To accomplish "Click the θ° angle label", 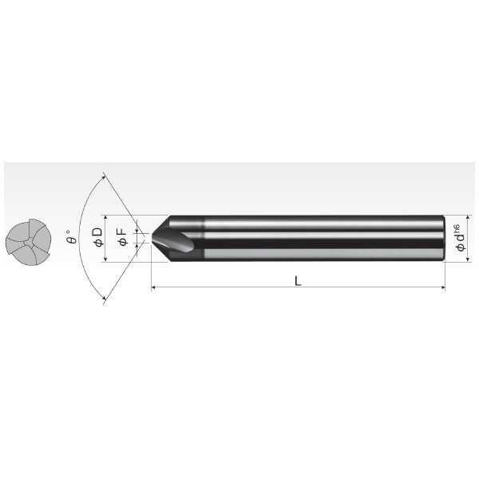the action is point(72,236).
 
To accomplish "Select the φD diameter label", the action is point(99,237).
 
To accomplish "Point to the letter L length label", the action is point(298,281).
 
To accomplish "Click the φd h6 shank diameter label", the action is point(460,238).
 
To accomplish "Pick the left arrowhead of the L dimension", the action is point(154,287).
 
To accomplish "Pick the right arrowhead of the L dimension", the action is point(442,287).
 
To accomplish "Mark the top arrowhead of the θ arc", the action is point(105,176).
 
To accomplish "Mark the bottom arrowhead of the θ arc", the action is point(105,298).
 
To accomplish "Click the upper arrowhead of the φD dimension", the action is point(105,218).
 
